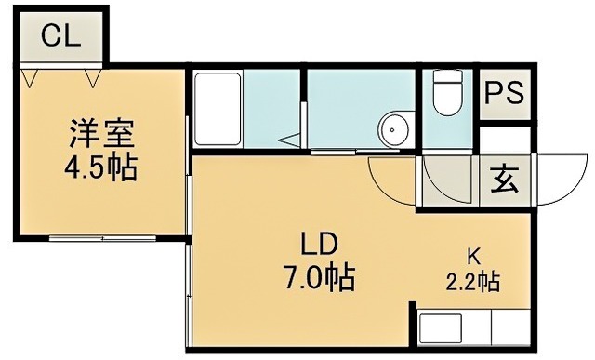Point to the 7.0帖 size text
coord(317,278)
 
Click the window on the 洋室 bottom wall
coord(102,238)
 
